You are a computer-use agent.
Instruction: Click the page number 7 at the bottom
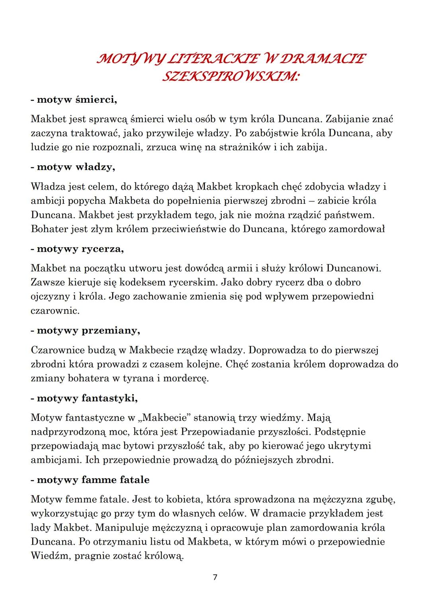point(215,577)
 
